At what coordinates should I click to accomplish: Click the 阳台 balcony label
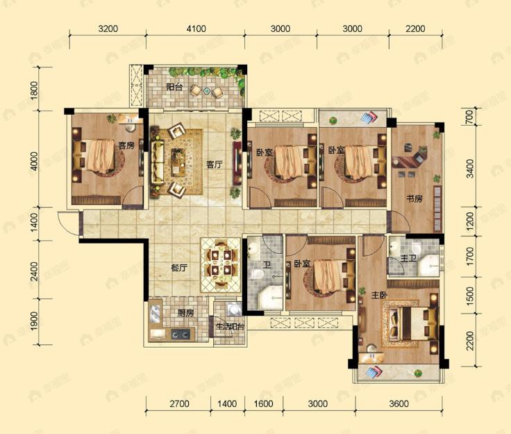click(174, 88)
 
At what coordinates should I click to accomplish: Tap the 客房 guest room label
click(126, 146)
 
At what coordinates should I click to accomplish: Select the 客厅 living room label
click(214, 165)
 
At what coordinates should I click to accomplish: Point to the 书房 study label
click(414, 199)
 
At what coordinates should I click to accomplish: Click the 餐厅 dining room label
click(180, 266)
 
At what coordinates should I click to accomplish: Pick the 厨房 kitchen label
click(185, 314)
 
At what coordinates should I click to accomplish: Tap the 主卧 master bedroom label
click(378, 295)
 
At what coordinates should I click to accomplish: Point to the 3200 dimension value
click(109, 29)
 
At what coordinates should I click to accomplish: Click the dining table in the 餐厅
click(219, 264)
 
